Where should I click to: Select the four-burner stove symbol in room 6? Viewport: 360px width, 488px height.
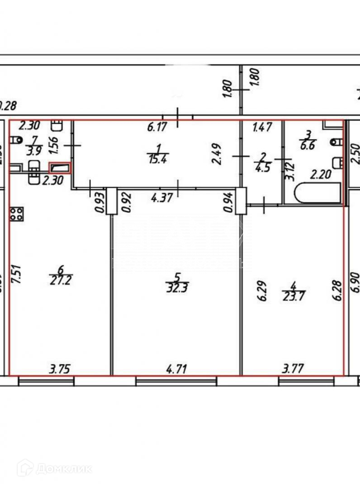click(x=16, y=214)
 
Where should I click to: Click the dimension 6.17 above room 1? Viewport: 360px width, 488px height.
click(x=157, y=127)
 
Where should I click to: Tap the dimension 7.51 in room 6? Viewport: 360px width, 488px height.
click(x=17, y=273)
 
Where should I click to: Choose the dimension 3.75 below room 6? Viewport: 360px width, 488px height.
click(x=59, y=370)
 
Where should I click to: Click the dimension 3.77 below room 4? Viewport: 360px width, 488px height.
click(x=293, y=370)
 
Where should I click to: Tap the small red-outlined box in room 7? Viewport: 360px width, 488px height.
click(x=60, y=168)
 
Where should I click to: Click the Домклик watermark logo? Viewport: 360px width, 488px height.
click(x=54, y=468)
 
